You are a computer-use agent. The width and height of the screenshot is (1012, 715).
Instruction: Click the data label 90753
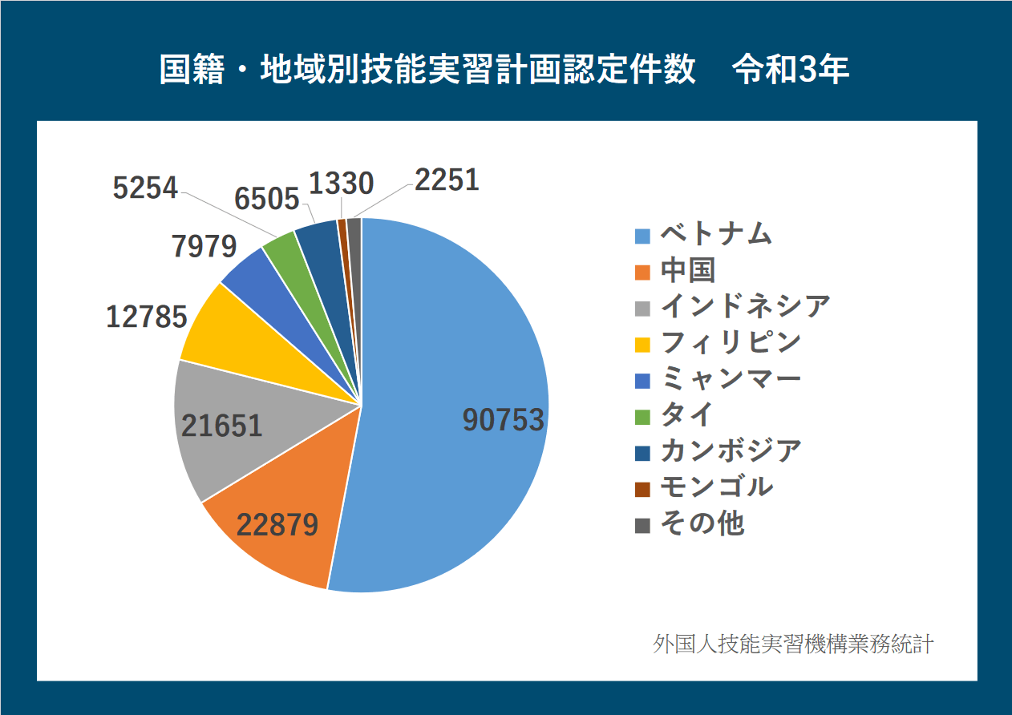pos(504,421)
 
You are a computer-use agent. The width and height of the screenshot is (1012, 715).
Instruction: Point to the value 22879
pos(277,525)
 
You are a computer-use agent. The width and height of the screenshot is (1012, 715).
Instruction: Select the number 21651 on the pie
pos(222,425)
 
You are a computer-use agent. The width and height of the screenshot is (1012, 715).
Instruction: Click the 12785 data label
pos(147,317)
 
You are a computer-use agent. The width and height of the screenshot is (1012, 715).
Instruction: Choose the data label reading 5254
pos(145,188)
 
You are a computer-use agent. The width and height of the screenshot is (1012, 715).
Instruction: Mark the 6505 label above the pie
pos(268,198)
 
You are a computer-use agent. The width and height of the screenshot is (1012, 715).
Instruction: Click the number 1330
pos(341,184)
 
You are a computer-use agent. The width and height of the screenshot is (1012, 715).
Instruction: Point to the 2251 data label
pos(447,180)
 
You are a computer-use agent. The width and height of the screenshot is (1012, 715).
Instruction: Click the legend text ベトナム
pos(716,235)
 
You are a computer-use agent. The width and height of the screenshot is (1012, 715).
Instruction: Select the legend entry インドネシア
pos(745,306)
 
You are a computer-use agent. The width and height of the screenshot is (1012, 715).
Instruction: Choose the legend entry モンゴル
pos(716,487)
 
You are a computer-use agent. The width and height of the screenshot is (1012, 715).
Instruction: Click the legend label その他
pos(702,523)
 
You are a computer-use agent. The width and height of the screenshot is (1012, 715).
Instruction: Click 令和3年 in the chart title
pos(791,71)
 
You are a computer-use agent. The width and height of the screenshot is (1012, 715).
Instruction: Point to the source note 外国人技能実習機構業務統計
pos(793,644)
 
